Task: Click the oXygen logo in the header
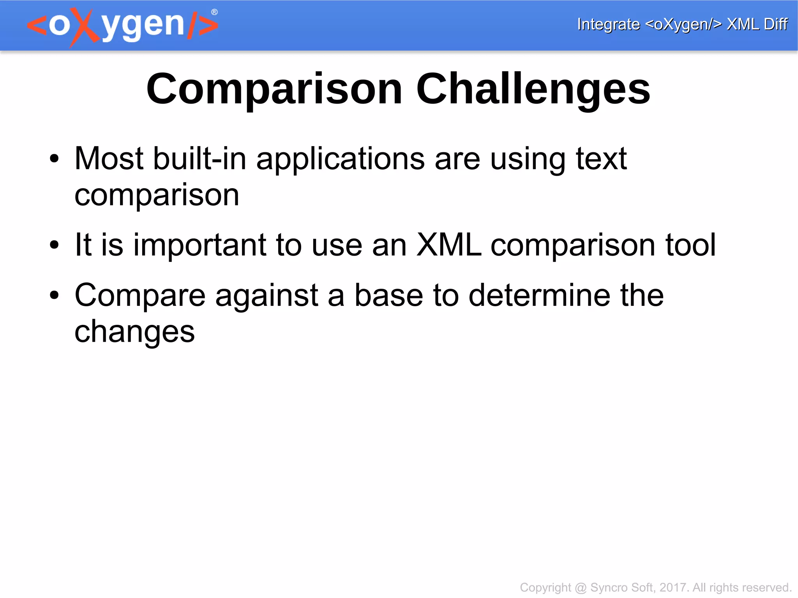tap(122, 26)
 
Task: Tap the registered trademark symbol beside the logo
tap(214, 12)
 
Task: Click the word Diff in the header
tap(775, 24)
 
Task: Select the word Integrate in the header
tap(608, 24)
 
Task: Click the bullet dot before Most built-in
tap(54, 159)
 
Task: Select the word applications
tap(340, 159)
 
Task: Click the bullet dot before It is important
tap(54, 245)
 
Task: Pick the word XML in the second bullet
tap(448, 245)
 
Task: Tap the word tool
tap(690, 245)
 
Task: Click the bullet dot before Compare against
tap(54, 295)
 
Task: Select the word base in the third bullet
tap(388, 295)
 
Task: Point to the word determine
tap(539, 295)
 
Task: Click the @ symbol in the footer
tap(581, 587)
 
